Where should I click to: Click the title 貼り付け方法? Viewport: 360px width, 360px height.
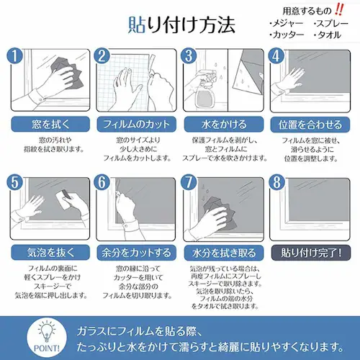click(x=180, y=25)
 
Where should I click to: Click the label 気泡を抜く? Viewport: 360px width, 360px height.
click(x=48, y=253)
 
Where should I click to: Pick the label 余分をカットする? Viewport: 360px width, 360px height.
click(x=135, y=253)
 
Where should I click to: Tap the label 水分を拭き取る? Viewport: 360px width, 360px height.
click(x=222, y=253)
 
